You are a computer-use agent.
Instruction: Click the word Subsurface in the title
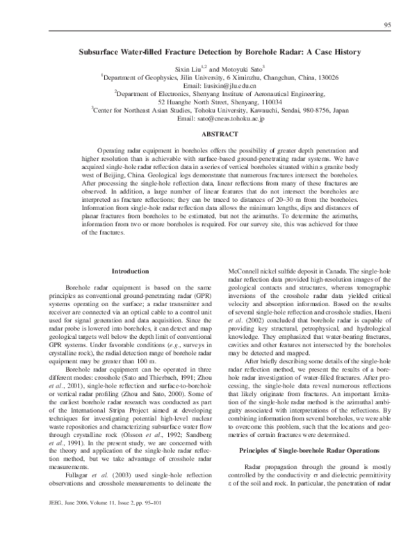(103, 51)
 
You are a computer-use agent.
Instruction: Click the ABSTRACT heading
(209, 133)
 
